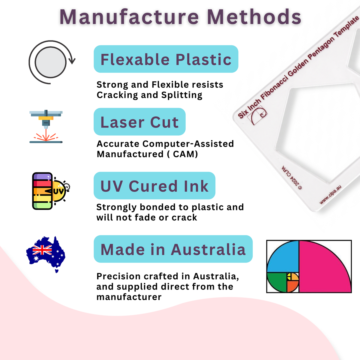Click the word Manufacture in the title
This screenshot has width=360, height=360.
[129, 17]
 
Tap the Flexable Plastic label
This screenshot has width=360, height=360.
[166, 59]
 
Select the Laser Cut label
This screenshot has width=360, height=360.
[139, 121]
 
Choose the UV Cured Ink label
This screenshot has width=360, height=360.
[154, 185]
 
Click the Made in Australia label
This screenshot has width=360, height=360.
[173, 249]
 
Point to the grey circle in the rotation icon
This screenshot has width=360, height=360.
[50, 62]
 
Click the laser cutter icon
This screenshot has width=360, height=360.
[46, 127]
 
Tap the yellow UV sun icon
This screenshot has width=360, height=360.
[59, 191]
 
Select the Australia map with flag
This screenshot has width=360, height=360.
[46, 254]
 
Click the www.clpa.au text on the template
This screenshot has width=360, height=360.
[330, 194]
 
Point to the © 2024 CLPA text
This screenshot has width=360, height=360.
[292, 178]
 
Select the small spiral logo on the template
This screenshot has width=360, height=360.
[257, 115]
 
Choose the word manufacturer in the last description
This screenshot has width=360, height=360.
[129, 297]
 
